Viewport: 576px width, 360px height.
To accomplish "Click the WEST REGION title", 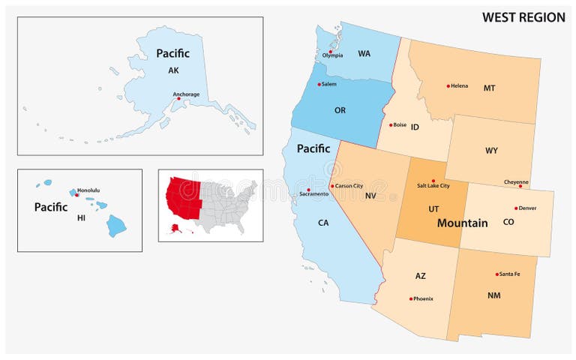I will click(x=523, y=17).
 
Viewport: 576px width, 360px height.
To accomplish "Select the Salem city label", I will click(x=328, y=84).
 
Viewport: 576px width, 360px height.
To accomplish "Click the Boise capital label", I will click(x=400, y=124).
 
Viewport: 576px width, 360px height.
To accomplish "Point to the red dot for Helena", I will click(x=448, y=85).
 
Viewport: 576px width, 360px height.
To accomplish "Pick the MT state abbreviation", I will click(x=489, y=88).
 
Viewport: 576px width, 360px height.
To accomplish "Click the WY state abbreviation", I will click(x=491, y=150).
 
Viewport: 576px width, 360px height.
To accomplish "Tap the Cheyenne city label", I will click(x=516, y=181).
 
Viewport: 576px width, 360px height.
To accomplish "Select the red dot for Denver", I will click(x=516, y=208).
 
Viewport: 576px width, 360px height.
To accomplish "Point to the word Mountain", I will click(x=462, y=223).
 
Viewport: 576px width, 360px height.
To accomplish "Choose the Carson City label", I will click(x=348, y=185).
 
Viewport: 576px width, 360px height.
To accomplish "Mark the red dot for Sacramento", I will click(x=309, y=189).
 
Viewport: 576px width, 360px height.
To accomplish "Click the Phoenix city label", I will click(x=422, y=298).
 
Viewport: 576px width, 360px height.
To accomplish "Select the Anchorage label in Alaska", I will click(x=186, y=94).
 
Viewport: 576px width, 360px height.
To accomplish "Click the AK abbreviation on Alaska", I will click(x=173, y=70).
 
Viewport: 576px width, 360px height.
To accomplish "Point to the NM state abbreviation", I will click(x=493, y=295).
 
